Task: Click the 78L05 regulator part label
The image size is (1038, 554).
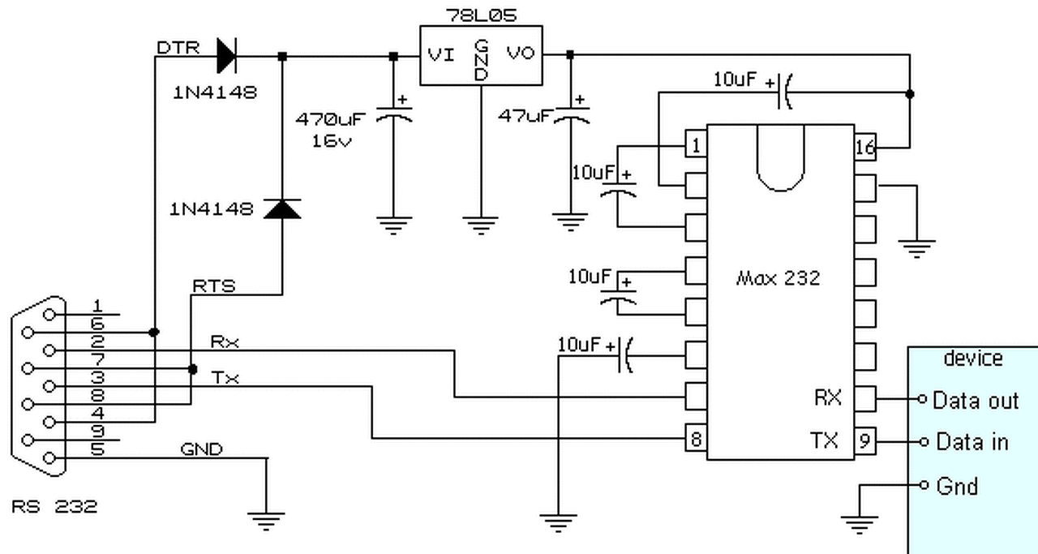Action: [x=481, y=15]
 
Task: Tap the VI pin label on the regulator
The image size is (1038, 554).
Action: [x=440, y=55]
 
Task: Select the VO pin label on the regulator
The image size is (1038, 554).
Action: [x=521, y=54]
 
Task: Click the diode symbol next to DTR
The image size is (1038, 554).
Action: [x=226, y=56]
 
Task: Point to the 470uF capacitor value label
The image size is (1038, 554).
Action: [x=330, y=119]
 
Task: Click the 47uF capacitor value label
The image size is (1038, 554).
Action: [x=526, y=115]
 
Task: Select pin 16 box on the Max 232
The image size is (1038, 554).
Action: [x=865, y=148]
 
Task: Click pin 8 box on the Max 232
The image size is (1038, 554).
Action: [x=696, y=438]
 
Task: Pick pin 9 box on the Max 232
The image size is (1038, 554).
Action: [x=865, y=441]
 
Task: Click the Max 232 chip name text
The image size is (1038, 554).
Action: [x=778, y=278]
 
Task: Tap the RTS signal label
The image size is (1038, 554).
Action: [x=213, y=286]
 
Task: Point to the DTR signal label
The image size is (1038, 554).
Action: [x=178, y=48]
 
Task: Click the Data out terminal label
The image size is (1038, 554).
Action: [x=976, y=401]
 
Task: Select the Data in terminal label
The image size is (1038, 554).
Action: [x=972, y=442]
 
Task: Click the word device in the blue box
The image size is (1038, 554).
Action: [x=973, y=359]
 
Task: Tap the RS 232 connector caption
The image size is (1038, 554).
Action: [x=54, y=506]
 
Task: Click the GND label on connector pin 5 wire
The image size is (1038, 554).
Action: [x=202, y=449]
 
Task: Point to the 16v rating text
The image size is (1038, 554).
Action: [x=332, y=141]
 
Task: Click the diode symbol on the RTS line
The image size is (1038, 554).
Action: [x=282, y=208]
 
